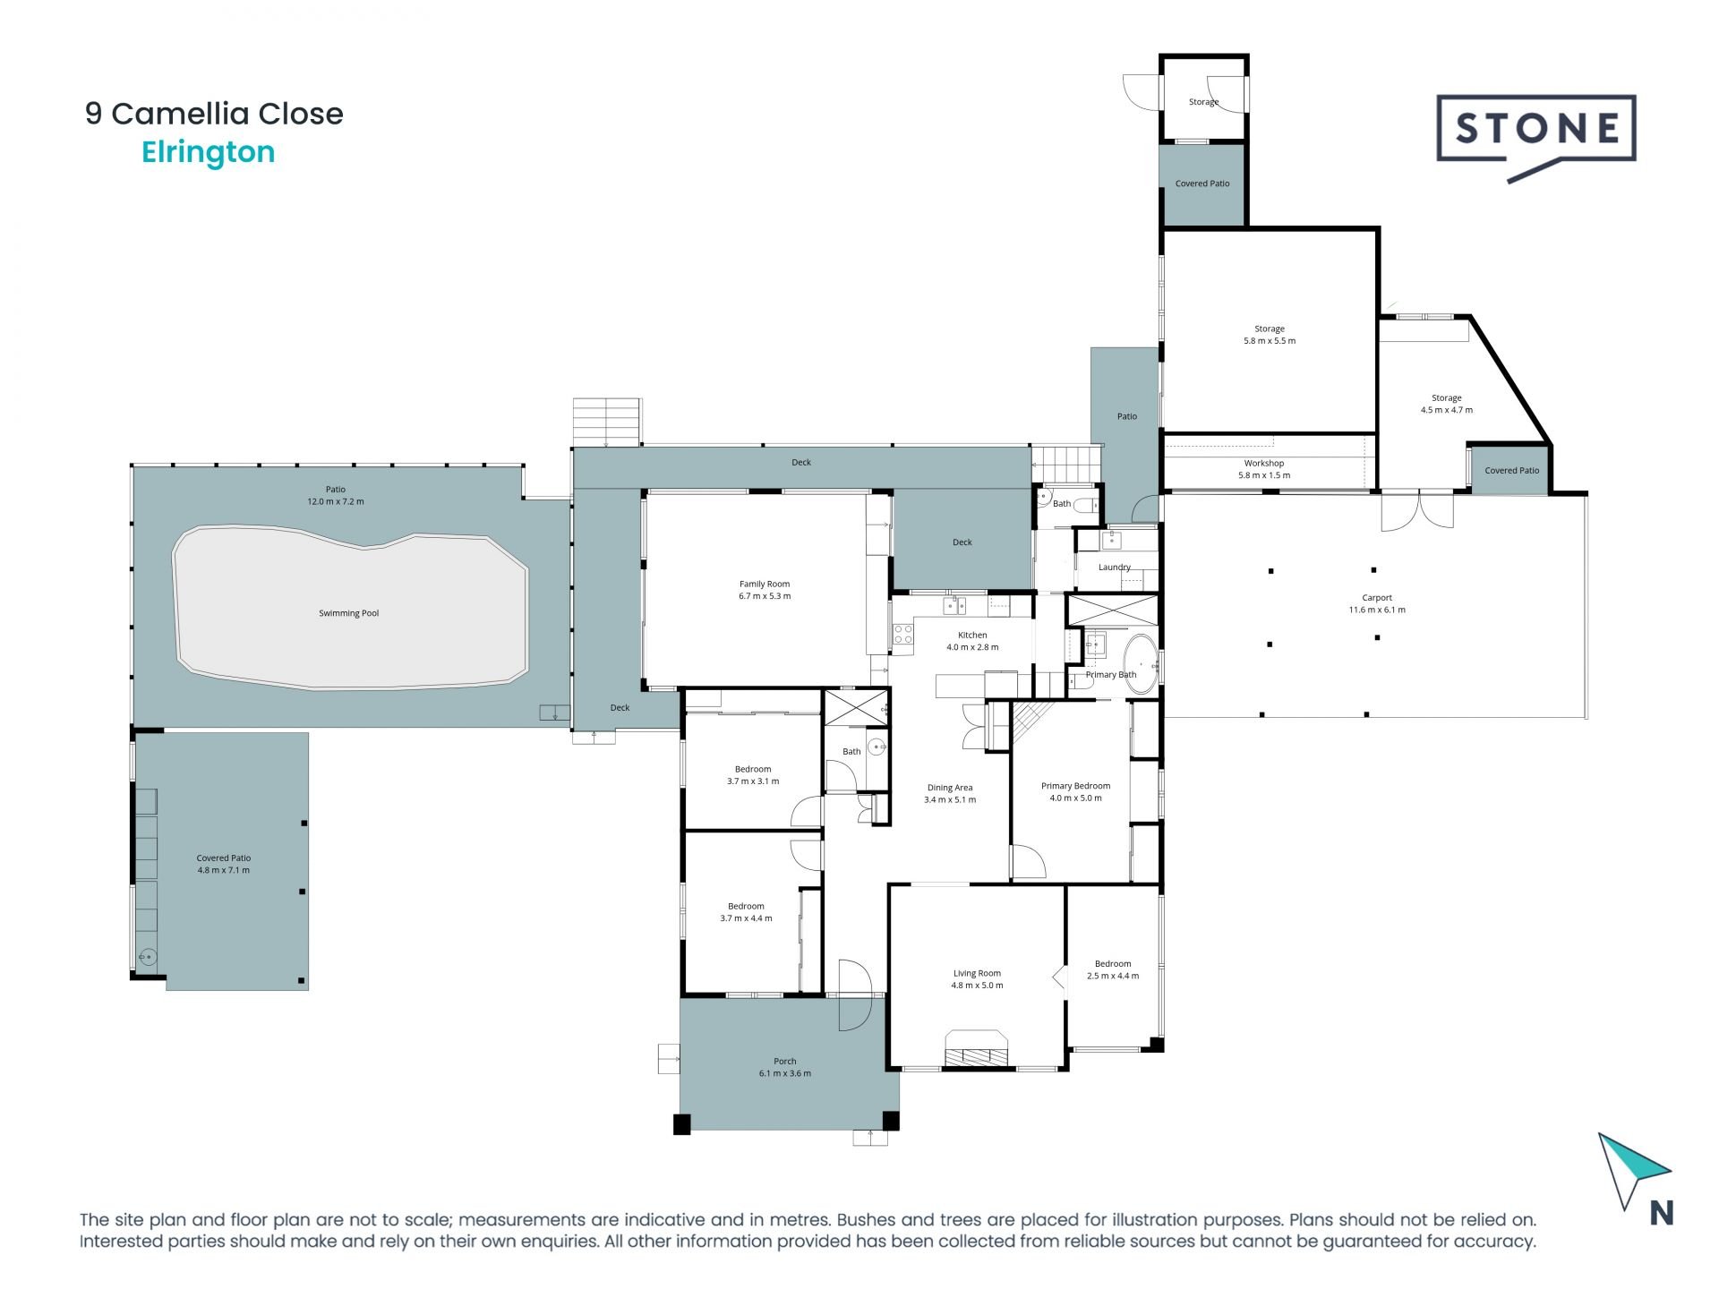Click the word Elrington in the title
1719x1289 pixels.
(x=209, y=152)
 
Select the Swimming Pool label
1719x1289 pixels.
(x=349, y=613)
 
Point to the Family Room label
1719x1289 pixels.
(x=765, y=584)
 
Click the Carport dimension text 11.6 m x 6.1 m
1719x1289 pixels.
(x=1377, y=610)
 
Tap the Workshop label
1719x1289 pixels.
(x=1264, y=463)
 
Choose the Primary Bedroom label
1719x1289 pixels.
(x=1075, y=786)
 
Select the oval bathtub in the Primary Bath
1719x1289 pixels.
(x=1140, y=664)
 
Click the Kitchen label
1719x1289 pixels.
(x=972, y=635)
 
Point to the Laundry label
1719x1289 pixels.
(x=1115, y=567)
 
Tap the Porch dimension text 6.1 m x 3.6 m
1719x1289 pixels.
(x=784, y=1073)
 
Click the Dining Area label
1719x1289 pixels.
(x=950, y=788)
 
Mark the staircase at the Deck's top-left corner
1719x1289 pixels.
(x=607, y=422)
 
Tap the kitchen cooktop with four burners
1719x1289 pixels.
(x=902, y=635)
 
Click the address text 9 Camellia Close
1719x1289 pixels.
(x=214, y=114)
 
